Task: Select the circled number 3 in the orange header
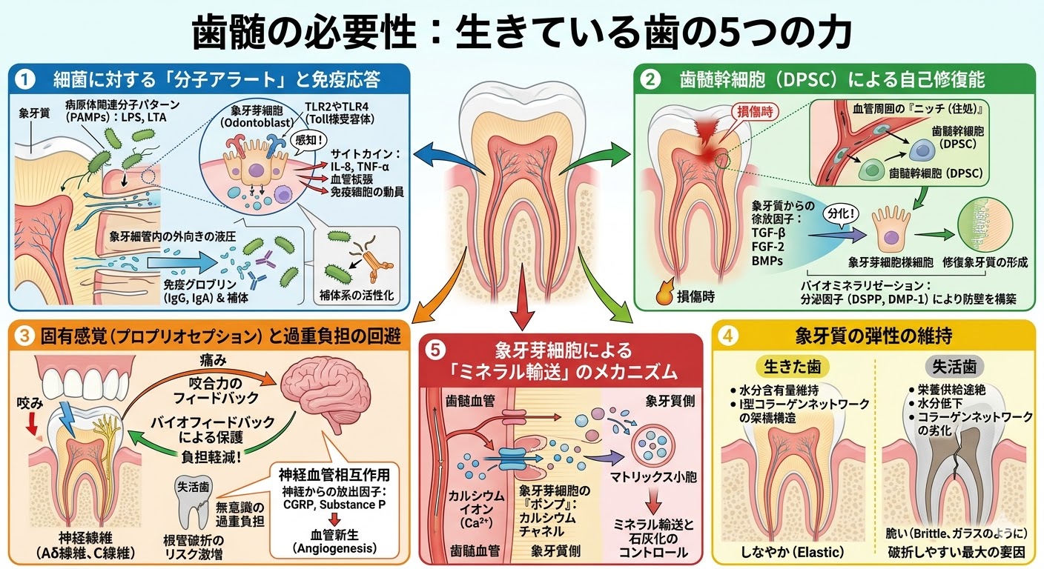pyautogui.click(x=25, y=336)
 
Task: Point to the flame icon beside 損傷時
pyautogui.click(x=664, y=295)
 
